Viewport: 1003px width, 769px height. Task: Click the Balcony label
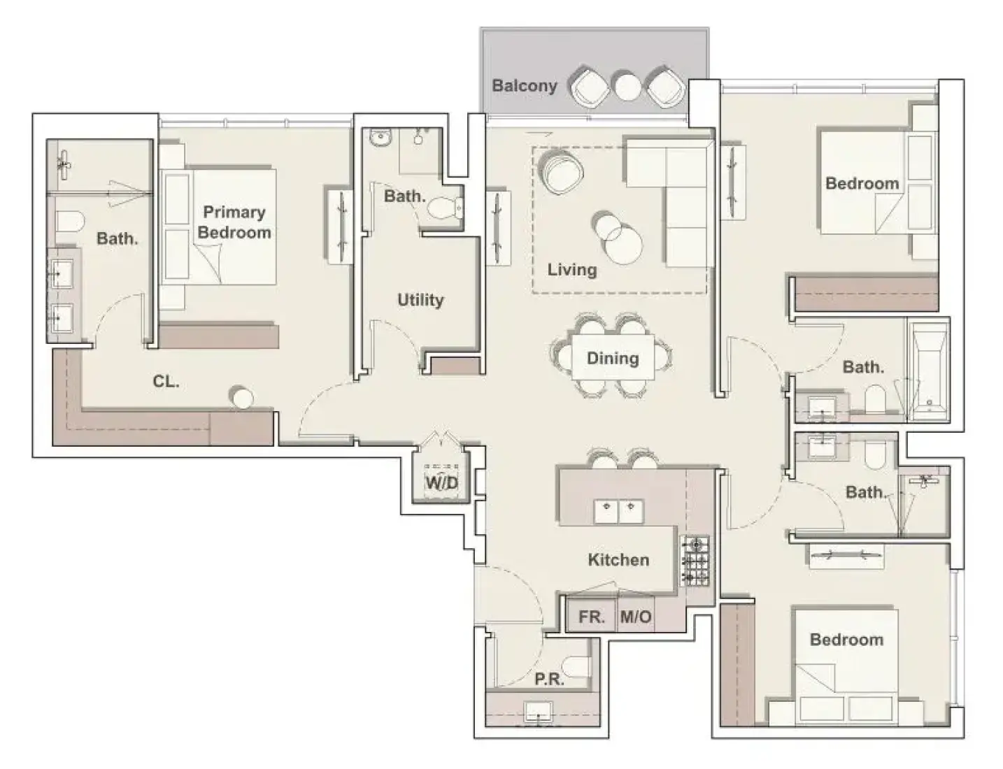(525, 86)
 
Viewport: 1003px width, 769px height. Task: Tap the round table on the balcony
(627, 86)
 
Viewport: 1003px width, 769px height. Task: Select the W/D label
(442, 482)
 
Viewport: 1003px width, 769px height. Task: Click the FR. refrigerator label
(591, 617)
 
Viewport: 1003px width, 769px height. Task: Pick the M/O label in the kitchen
(636, 617)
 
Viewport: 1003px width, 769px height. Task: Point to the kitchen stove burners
(695, 561)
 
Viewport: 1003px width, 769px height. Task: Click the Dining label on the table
(613, 359)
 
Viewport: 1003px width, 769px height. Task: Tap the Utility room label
(420, 301)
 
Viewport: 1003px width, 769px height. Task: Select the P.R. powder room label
(549, 679)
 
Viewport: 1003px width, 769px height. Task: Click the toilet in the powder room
(576, 666)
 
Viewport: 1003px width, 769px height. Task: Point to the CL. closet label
(166, 382)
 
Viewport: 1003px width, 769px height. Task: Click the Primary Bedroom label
(234, 222)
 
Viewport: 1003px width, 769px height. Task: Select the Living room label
(572, 270)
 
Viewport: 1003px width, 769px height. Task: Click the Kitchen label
(618, 560)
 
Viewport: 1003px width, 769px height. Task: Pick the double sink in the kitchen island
(618, 512)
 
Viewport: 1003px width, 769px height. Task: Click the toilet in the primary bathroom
(70, 222)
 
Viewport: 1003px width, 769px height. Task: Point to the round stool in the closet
(242, 397)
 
